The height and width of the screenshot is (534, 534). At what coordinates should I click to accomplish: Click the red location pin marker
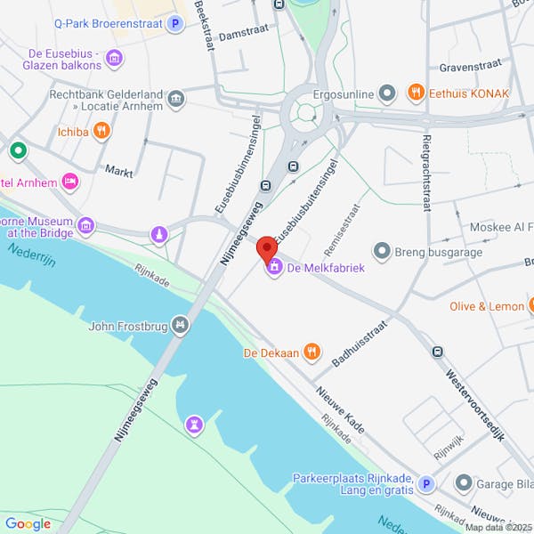pos(266,248)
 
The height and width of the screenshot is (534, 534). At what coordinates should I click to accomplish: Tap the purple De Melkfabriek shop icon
pos(273,267)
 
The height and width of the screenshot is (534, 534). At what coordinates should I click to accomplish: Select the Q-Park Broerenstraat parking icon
pos(176,24)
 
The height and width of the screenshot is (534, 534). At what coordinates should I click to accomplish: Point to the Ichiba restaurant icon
pos(102,131)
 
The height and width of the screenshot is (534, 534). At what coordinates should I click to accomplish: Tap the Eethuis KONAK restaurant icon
pos(415,93)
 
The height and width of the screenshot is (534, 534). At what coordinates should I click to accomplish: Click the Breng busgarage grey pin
pos(383,252)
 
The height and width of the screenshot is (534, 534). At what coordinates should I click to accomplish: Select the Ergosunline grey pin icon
pos(386,93)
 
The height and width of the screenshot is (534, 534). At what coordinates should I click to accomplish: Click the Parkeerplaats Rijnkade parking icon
pos(426,484)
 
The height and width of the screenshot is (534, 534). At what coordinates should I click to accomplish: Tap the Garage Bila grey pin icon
pos(463,483)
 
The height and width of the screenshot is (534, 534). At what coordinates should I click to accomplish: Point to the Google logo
pos(28,523)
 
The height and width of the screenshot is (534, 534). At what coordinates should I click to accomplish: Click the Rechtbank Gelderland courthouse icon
pos(176,98)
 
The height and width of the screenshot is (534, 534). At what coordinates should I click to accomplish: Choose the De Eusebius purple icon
pos(114,60)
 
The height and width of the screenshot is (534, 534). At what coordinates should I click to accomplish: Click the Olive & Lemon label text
pos(487,306)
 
